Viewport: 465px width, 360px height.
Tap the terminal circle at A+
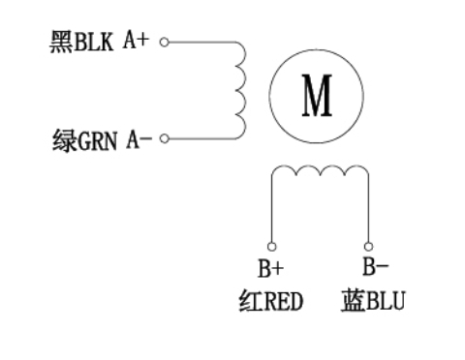point(164,43)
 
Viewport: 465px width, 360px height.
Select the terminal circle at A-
point(164,138)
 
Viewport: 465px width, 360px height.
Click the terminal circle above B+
point(271,246)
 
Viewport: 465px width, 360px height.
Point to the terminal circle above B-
point(368,246)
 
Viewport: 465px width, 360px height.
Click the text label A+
point(136,44)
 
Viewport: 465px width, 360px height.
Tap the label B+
point(271,269)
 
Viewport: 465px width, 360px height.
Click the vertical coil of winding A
point(238,91)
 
